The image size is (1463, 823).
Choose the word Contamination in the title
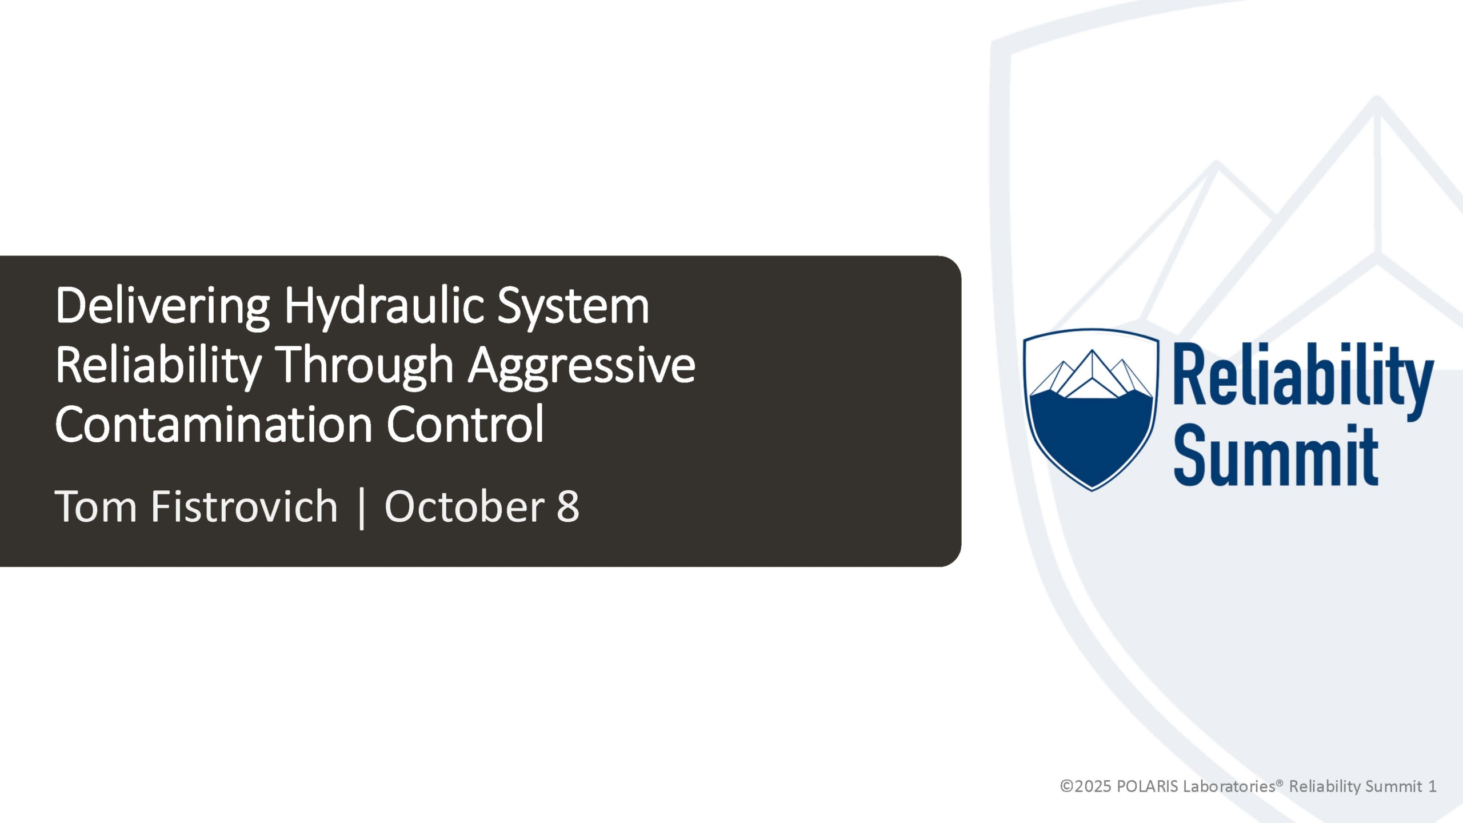click(x=214, y=425)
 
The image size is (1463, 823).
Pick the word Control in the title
click(x=465, y=424)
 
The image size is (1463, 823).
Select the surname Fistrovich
click(x=244, y=506)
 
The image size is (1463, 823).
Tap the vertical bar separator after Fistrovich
click(x=361, y=508)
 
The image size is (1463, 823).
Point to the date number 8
click(x=568, y=506)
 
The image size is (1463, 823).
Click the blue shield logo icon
click(x=1092, y=409)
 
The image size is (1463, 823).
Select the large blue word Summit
click(x=1276, y=456)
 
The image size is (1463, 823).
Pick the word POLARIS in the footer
click(x=1148, y=786)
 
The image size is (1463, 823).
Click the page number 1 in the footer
click(x=1432, y=786)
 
